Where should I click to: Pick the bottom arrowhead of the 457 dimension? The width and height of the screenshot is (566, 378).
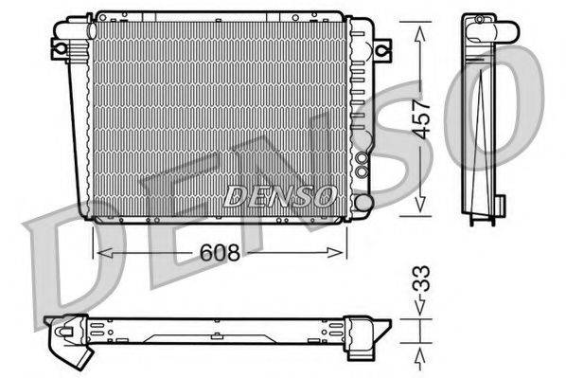tap(420, 210)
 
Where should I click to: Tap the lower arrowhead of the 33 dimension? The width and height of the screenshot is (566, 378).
tap(420, 351)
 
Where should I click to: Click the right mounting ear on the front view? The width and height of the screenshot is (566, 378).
tap(381, 47)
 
